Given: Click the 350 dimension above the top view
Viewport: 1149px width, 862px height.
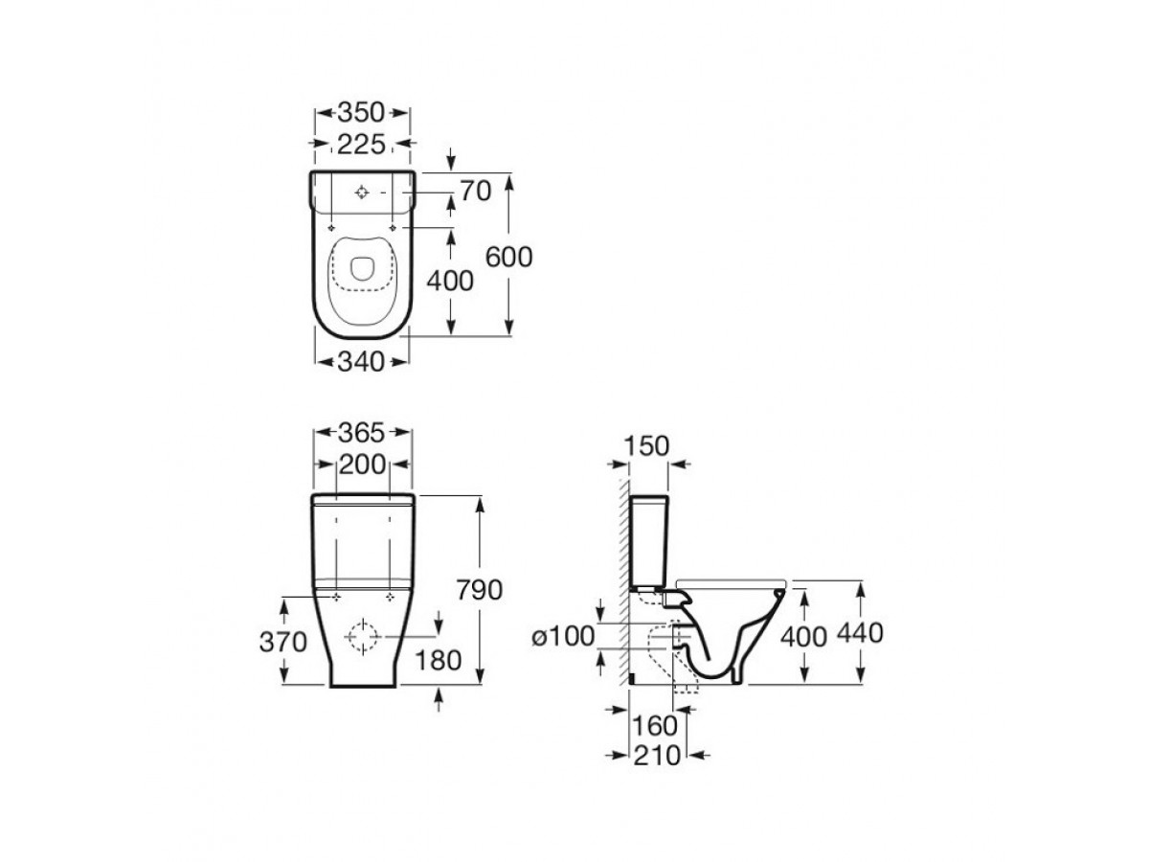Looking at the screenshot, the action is pyautogui.click(x=361, y=112).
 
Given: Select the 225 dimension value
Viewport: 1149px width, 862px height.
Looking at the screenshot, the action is pyautogui.click(x=361, y=145).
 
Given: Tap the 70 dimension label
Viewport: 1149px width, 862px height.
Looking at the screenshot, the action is pyautogui.click(x=475, y=191).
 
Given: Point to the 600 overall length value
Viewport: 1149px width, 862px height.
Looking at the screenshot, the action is pyautogui.click(x=508, y=257).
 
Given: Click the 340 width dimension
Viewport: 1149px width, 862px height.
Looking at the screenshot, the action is pyautogui.click(x=361, y=362).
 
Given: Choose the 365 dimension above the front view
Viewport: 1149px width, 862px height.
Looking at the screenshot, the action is pyautogui.click(x=362, y=433).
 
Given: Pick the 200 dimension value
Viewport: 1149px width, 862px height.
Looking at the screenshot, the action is pyautogui.click(x=362, y=465).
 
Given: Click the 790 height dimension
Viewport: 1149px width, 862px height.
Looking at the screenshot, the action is pyautogui.click(x=479, y=590).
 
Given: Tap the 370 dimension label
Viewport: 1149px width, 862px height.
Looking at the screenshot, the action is pyautogui.click(x=282, y=642).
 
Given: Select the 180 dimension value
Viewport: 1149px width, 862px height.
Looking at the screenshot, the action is pyautogui.click(x=438, y=661).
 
